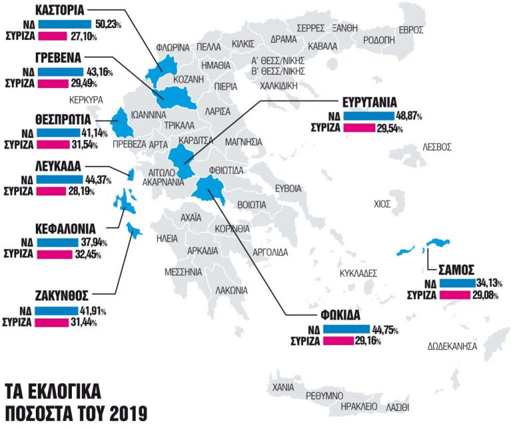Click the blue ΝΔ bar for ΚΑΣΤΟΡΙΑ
(x=67, y=24)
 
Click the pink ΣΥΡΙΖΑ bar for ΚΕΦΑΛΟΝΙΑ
(x=63, y=254)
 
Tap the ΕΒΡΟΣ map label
(x=411, y=30)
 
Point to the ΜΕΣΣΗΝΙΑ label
(x=183, y=272)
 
